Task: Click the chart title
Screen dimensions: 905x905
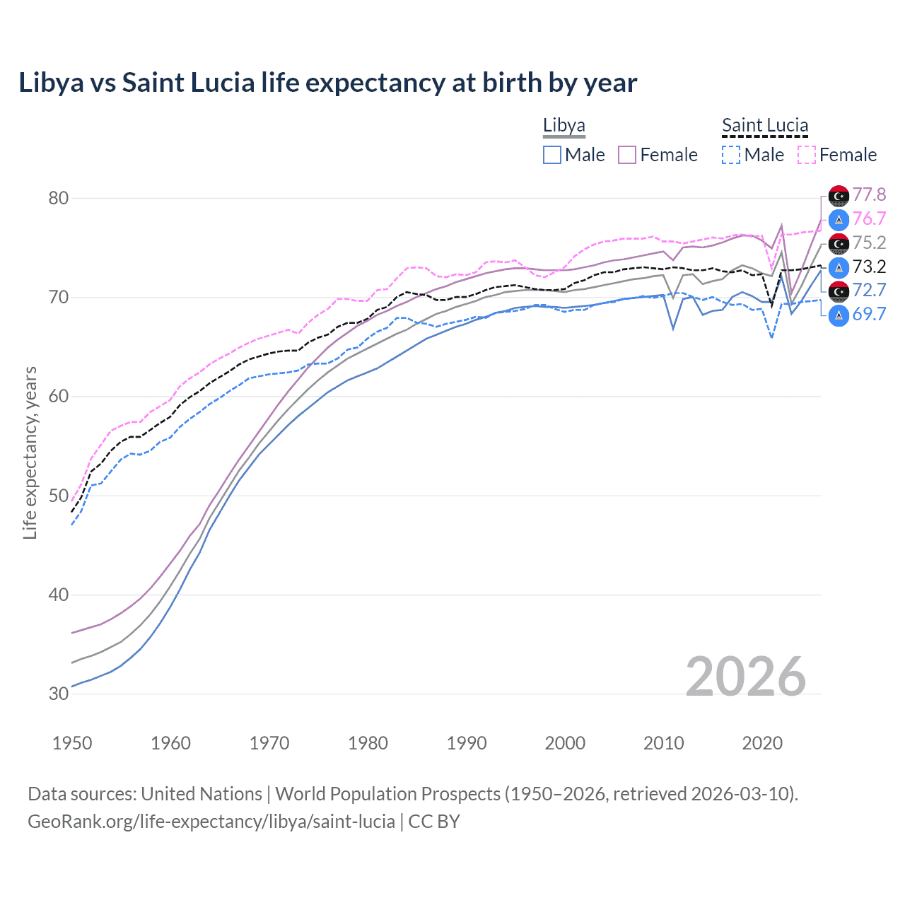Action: [327, 83]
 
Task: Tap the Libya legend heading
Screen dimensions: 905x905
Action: [564, 126]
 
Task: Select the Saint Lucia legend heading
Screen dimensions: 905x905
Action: [764, 126]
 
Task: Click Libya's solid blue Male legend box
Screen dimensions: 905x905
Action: [552, 155]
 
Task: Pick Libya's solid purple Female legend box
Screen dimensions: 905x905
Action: [627, 155]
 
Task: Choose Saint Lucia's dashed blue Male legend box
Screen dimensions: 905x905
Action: [731, 155]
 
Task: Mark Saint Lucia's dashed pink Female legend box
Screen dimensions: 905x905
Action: [807, 155]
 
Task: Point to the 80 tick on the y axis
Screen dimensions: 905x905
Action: [59, 198]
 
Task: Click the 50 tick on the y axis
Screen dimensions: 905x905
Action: [59, 496]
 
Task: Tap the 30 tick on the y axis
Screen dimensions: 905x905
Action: [59, 694]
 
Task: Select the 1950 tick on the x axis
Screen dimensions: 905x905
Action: [72, 743]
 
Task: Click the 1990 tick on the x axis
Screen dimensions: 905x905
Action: [467, 743]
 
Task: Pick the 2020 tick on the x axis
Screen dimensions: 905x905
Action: [762, 743]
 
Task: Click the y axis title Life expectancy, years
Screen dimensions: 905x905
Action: [30, 452]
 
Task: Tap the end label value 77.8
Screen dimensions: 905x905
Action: [869, 194]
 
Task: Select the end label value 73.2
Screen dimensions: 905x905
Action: [869, 267]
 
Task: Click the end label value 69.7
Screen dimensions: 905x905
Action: [869, 314]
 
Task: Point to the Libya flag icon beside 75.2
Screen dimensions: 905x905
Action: [839, 243]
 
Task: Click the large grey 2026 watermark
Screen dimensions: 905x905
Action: [745, 677]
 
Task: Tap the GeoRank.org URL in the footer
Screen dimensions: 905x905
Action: [211, 822]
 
